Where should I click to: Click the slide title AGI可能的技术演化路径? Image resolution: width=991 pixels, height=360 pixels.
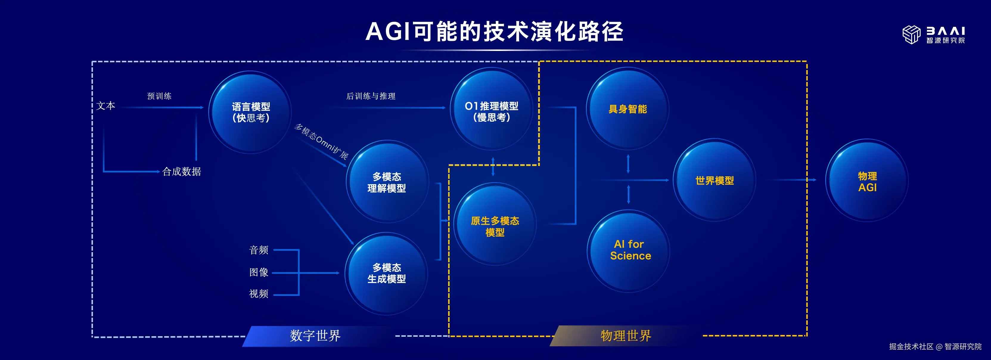(494, 31)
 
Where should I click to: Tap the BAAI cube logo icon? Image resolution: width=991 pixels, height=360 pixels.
(911, 35)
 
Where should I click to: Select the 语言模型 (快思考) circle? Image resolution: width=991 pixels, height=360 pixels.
(251, 112)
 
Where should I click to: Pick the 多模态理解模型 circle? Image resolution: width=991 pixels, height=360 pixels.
(387, 181)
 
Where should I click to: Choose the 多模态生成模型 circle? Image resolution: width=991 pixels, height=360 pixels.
(386, 274)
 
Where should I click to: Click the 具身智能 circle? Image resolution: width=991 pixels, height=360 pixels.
(627, 109)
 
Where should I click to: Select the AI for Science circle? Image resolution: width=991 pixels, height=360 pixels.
(629, 251)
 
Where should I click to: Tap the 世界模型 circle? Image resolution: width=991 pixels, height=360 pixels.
(714, 180)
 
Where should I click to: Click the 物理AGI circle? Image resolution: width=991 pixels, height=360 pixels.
(867, 180)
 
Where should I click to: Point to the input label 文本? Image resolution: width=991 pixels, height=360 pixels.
(106, 106)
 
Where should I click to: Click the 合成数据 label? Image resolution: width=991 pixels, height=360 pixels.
(181, 172)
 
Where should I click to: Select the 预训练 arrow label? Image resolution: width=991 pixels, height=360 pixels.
(159, 96)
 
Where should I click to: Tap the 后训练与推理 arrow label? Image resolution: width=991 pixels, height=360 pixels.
(371, 96)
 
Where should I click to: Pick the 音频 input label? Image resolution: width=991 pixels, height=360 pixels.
(259, 250)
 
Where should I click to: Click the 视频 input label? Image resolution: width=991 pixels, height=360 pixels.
(259, 294)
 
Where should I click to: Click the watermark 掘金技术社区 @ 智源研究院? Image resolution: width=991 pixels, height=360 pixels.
(935, 347)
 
